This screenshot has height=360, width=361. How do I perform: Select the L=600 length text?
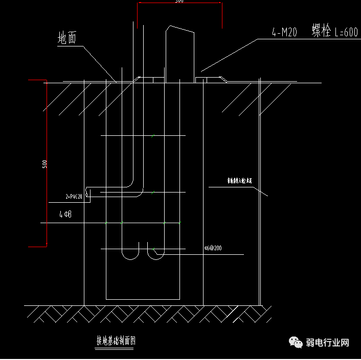(x=346, y=32)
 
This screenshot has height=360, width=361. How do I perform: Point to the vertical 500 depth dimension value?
(x=45, y=164)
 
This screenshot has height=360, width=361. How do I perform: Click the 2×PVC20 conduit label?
(x=74, y=196)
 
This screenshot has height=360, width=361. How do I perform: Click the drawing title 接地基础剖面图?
(x=116, y=341)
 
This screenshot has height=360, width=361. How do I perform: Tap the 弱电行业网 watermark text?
(x=327, y=343)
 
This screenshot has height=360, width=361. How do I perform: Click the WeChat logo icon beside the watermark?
(x=296, y=343)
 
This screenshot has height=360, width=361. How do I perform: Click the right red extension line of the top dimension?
(x=221, y=15)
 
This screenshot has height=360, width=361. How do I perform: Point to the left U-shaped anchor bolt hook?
(x=131, y=253)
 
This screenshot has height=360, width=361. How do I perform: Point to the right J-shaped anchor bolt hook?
(x=154, y=253)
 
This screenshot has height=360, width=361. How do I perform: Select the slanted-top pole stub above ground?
(x=179, y=54)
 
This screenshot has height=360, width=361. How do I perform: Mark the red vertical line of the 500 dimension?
(x=47, y=163)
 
